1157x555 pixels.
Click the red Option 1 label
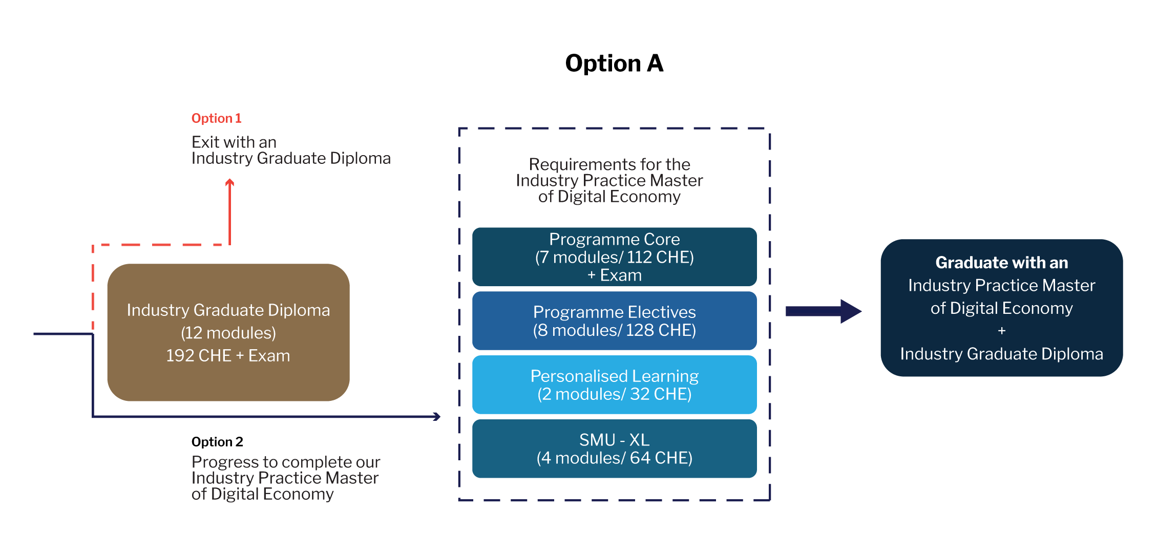pos(216,118)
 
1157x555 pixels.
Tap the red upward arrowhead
pos(230,182)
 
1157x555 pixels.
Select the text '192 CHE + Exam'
pos(228,356)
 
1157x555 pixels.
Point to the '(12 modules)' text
pos(228,333)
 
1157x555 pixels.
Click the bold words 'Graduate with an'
pos(1001,263)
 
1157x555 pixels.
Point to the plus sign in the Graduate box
pos(1002,331)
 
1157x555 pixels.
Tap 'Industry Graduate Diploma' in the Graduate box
pos(1001,354)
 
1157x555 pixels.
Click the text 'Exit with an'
pos(234,142)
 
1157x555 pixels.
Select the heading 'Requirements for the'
pos(609,164)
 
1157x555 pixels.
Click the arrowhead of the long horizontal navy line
pos(437,416)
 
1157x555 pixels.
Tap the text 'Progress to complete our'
pos(286,462)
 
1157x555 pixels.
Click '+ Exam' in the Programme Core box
pos(614,275)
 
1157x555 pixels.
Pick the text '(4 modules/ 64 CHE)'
pos(614,458)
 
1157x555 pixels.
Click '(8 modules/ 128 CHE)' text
pos(614,330)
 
